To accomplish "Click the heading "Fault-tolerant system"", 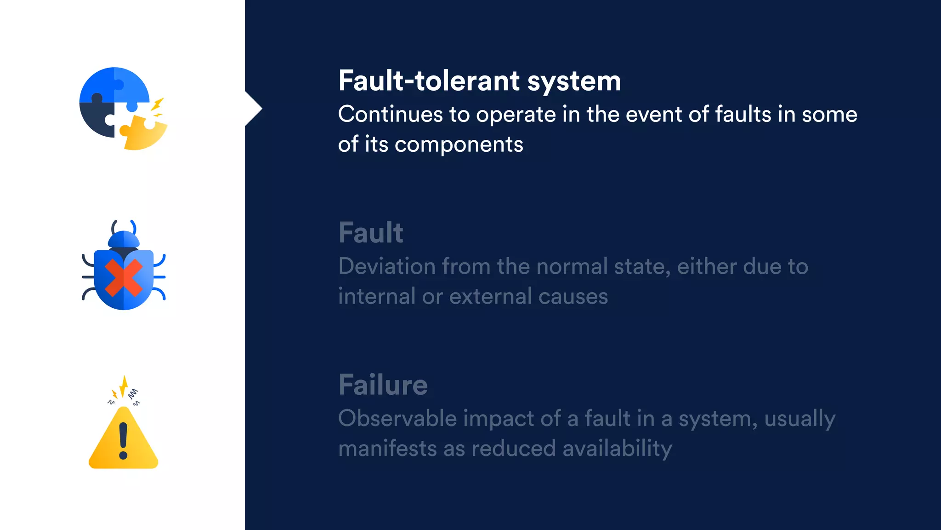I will (479, 81).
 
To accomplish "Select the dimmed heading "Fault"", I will (371, 233).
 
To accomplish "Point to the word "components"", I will (459, 144).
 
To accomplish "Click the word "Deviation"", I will (387, 266).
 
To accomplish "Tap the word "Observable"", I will (397, 419).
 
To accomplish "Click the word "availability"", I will (617, 449).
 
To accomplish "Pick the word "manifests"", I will (387, 449).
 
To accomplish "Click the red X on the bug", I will (123, 277).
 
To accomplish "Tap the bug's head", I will (123, 240).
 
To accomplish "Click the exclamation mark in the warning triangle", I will (123, 441).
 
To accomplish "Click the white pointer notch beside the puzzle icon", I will (253, 109).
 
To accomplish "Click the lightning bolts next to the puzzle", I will (157, 108).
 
